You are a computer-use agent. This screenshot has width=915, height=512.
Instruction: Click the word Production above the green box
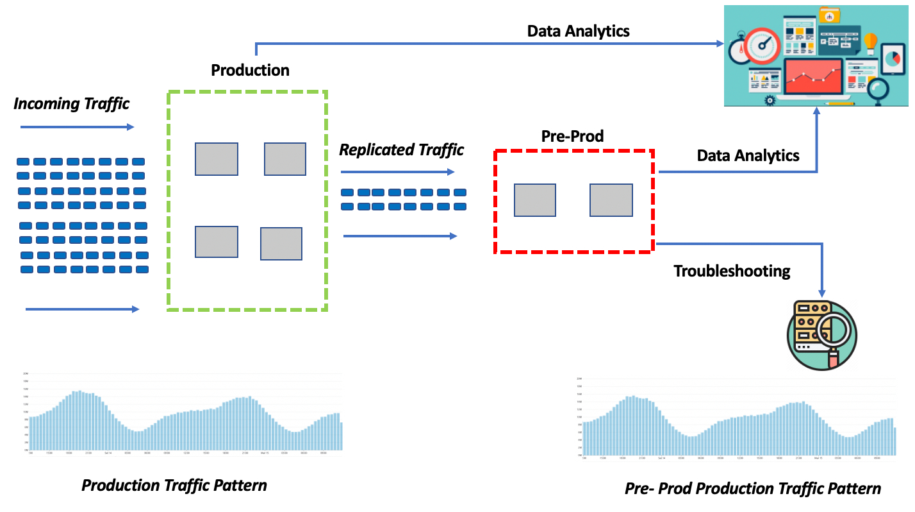250,70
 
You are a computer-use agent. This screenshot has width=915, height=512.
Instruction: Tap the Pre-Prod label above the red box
572,136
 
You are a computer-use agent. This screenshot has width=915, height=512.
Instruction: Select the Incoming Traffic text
71,103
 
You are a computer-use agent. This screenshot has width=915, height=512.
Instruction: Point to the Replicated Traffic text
401,150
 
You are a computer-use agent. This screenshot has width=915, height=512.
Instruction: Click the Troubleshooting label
732,271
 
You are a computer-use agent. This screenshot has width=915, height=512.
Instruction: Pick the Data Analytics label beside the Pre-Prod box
748,155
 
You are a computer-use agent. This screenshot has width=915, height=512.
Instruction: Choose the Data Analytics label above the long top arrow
578,31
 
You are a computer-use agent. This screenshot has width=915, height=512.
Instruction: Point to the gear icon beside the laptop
770,100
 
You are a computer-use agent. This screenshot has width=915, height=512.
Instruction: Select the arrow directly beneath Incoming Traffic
77,127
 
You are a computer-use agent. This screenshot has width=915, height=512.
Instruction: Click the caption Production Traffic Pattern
174,485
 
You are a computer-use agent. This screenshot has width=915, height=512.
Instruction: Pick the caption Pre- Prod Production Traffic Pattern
752,489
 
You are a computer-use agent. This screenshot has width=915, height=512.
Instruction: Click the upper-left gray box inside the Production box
217,159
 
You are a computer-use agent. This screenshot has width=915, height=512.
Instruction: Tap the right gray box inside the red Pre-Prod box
611,200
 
